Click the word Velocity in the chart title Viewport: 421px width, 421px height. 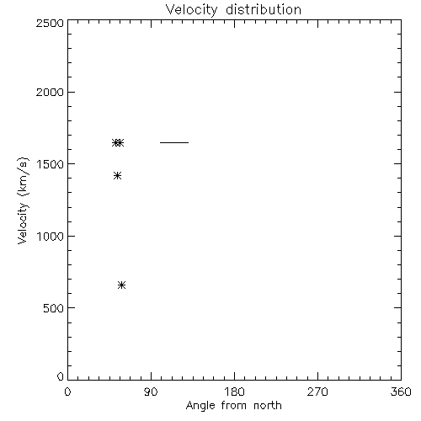point(191,10)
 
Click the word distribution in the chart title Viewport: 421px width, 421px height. point(264,10)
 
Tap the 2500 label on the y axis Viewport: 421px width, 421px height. point(50,23)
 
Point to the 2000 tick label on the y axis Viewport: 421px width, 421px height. point(50,93)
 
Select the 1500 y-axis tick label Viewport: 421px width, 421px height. point(51,164)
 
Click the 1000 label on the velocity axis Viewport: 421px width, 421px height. point(51,237)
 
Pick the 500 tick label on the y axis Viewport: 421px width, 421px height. point(54,308)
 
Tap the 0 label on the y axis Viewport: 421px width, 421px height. point(61,376)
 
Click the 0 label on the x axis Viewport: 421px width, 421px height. point(67,392)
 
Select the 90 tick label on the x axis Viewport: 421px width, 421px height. point(151,392)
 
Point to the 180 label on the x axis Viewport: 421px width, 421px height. point(234,392)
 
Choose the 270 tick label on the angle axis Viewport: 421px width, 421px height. point(317,392)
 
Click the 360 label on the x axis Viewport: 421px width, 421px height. point(401,392)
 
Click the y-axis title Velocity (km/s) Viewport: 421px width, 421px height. point(23,200)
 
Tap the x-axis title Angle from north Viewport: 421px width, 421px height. point(234,406)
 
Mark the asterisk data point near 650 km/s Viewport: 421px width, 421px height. point(121,285)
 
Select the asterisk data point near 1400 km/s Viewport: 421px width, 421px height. point(117,176)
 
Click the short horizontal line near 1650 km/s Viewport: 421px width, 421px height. point(174,142)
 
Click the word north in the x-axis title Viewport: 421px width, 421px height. point(268,406)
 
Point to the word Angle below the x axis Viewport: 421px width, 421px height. point(200,407)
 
